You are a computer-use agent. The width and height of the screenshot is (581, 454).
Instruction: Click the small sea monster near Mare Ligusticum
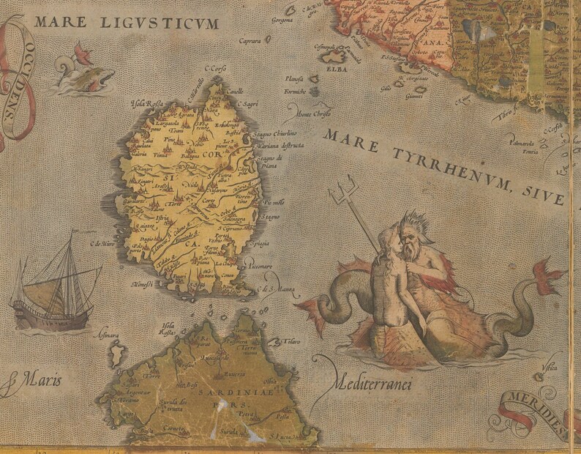point(87,70)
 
